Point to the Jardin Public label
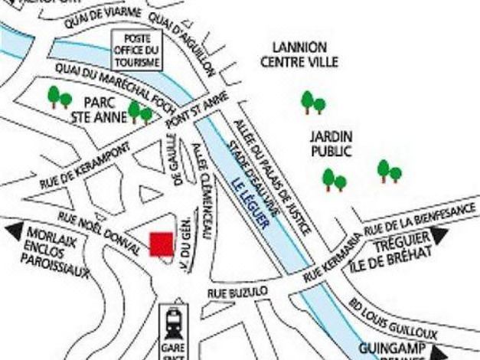(x=331, y=143)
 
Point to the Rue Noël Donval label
(x=99, y=234)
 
